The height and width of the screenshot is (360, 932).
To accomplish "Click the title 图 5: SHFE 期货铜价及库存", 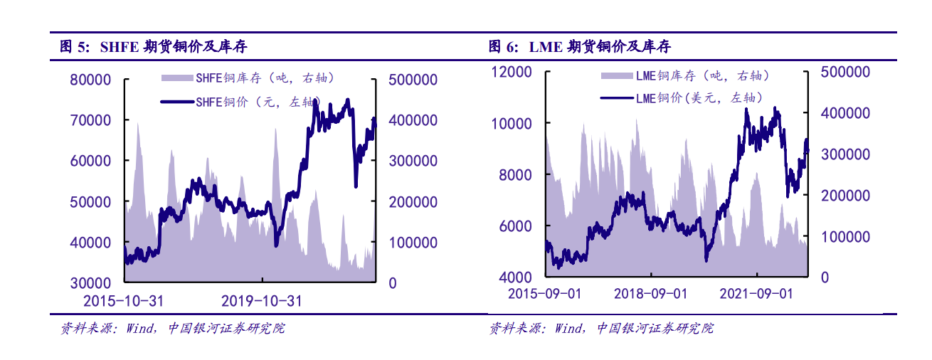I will (x=154, y=48).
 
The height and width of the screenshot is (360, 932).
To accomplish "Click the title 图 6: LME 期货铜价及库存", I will (x=579, y=48).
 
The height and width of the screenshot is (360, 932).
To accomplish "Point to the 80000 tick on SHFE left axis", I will (x=90, y=80).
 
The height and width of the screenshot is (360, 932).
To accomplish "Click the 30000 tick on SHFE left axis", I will (x=90, y=283).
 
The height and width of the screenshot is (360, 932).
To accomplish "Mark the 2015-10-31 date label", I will (x=123, y=302).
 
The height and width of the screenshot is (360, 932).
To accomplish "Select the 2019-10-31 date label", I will (x=261, y=302).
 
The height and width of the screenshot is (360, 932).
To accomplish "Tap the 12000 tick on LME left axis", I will (x=512, y=72).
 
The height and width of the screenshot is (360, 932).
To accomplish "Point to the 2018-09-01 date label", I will (x=650, y=293).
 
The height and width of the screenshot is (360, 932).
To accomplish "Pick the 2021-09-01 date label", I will (x=756, y=293).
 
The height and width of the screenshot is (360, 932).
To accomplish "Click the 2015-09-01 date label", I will (x=545, y=293).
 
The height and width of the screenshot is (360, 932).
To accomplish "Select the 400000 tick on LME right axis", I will (x=844, y=113).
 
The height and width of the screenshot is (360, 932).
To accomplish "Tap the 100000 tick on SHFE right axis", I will (x=413, y=243).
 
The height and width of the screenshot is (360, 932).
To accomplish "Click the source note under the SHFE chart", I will (x=171, y=329).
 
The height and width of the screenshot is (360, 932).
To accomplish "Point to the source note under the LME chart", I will (x=600, y=329).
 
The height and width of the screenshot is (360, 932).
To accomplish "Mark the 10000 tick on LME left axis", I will (x=512, y=124).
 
